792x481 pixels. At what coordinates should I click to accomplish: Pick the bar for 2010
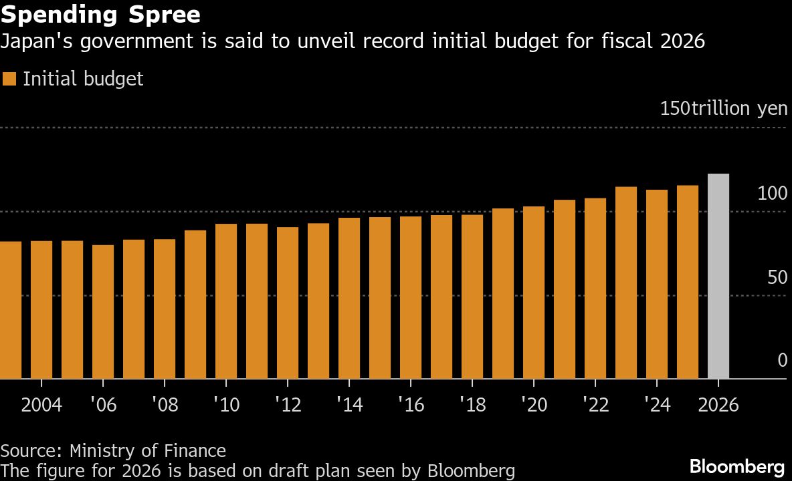point(226,301)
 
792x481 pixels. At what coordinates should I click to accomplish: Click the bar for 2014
point(349,298)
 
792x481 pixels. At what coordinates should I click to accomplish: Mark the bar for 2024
point(657,284)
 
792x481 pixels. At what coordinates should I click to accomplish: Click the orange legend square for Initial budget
point(9,79)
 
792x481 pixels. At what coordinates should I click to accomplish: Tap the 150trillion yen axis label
point(723,108)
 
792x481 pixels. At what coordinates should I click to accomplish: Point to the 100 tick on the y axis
point(773,194)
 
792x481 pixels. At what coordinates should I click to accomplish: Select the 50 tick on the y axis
point(777,278)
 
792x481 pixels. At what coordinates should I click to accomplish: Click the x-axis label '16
point(411,406)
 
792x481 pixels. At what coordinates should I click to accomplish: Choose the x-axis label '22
point(595,406)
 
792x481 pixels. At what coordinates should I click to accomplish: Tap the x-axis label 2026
point(718,406)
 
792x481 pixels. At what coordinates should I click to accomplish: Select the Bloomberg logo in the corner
point(736,466)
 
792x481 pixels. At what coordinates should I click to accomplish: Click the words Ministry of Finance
point(147,451)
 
